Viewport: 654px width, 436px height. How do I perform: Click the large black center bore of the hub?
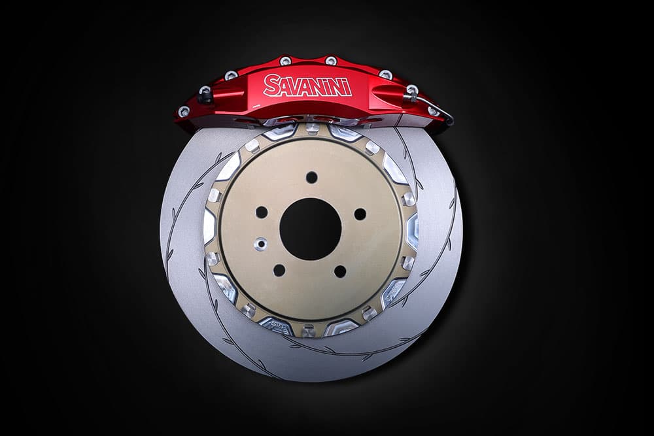310,229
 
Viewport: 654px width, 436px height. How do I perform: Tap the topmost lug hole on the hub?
311,177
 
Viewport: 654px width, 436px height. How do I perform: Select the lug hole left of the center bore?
262,212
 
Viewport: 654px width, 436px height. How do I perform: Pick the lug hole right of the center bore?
360,214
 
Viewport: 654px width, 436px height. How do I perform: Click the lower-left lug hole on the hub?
279,270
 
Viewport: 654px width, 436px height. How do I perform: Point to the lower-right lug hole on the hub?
340,271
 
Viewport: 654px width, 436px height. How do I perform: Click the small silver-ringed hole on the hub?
261,243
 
